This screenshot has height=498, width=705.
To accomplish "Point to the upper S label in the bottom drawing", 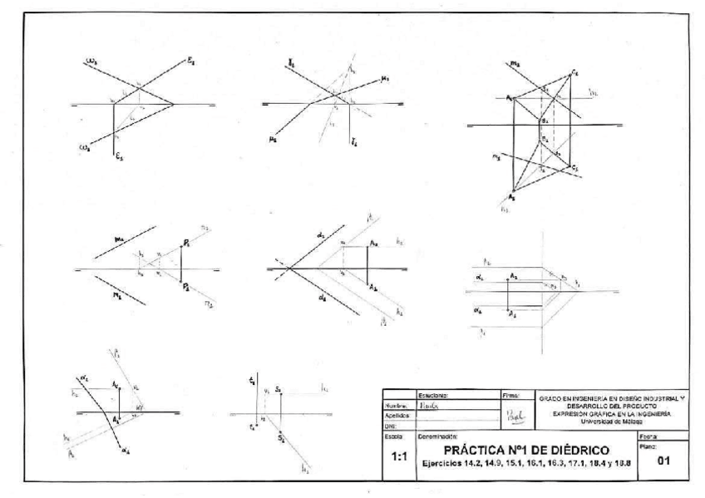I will click(x=281, y=387).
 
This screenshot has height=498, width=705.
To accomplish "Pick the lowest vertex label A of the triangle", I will click(x=511, y=197).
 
